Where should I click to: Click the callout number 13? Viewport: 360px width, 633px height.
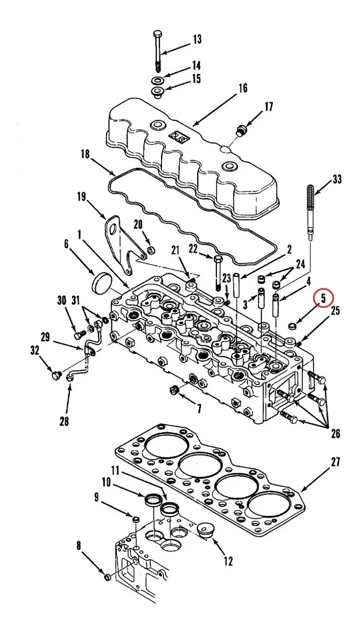196,40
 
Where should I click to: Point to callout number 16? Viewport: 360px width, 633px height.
242,88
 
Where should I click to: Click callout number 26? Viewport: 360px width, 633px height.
335,434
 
